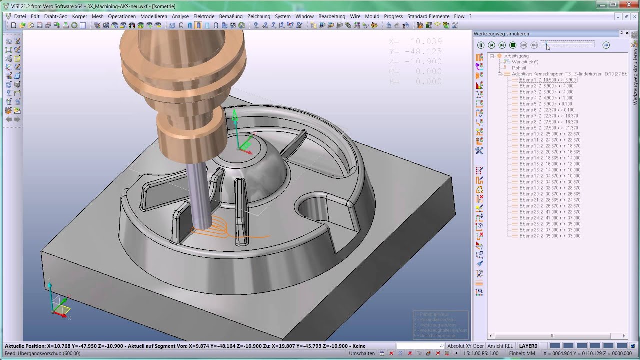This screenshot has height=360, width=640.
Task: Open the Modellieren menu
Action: pyautogui.click(x=154, y=16)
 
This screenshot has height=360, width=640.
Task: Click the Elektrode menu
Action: pyautogui.click(x=204, y=16)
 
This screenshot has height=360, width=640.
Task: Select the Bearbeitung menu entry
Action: pyautogui.click(x=332, y=16)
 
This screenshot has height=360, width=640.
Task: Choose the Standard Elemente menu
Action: pyautogui.click(x=428, y=16)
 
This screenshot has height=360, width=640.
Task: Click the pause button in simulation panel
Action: pyautogui.click(x=481, y=45)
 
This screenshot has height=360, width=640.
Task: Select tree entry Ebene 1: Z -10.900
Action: pyautogui.click(x=548, y=80)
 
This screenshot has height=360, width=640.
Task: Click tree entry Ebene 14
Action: pyautogui.click(x=550, y=158)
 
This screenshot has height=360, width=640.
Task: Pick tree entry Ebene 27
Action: pyautogui.click(x=550, y=236)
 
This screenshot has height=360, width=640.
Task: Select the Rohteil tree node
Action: pyautogui.click(x=519, y=68)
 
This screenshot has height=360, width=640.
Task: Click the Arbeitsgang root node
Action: pyautogui.click(x=516, y=56)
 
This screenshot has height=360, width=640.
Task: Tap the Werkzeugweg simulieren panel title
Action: pyautogui.click(x=501, y=34)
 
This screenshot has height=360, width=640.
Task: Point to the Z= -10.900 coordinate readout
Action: pyautogui.click(x=415, y=61)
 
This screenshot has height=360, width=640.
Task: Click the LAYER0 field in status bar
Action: pyautogui.click(x=528, y=346)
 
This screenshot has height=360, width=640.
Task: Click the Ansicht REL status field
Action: pyautogui.click(x=500, y=346)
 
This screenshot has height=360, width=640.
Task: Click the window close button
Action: pyautogui.click(x=627, y=4)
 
